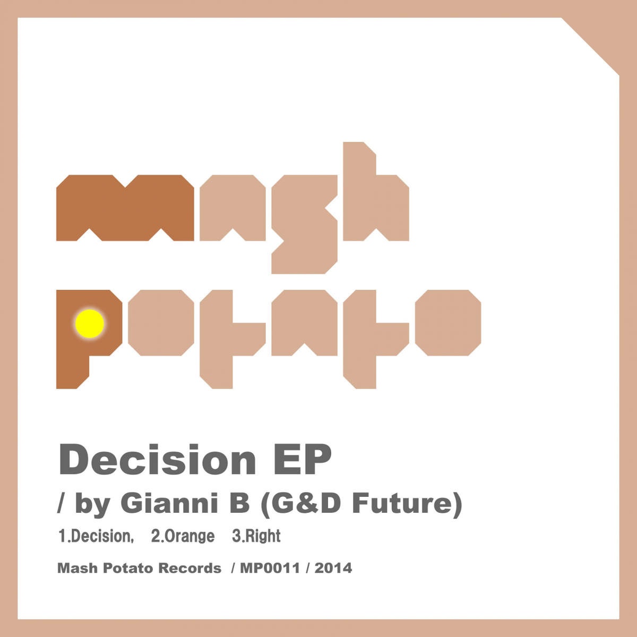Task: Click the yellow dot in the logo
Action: click(x=90, y=324)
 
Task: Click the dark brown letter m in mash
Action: click(x=125, y=208)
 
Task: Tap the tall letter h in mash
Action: click(x=376, y=192)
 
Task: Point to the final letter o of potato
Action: click(x=448, y=323)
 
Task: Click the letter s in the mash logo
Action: click(x=305, y=224)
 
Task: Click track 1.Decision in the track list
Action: click(x=96, y=536)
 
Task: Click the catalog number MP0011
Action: click(x=270, y=568)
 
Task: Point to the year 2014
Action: click(x=333, y=568)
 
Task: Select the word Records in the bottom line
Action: click(x=190, y=568)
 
